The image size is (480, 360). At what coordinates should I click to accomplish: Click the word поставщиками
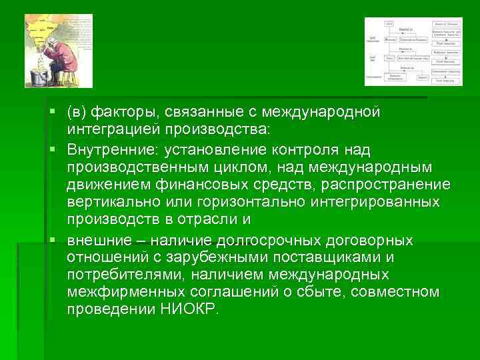coord(331,257)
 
